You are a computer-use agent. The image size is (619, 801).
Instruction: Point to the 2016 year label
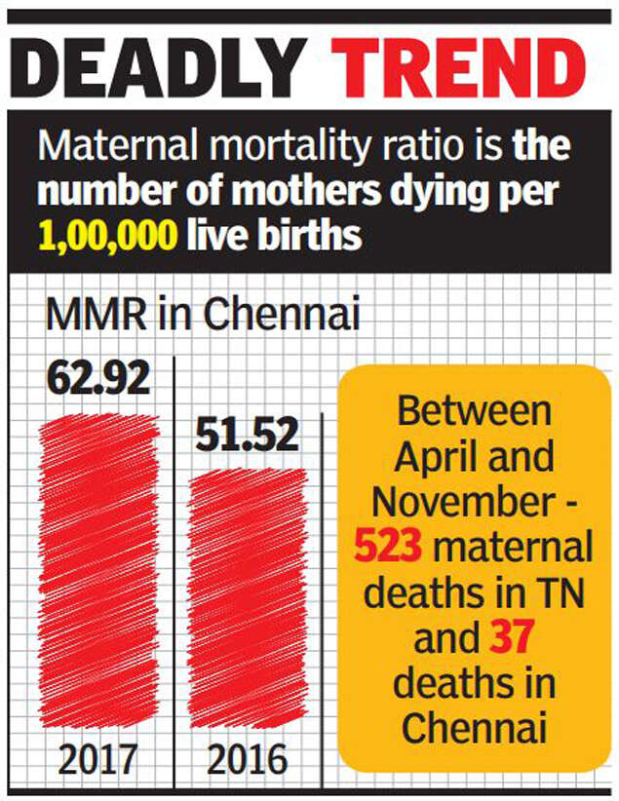[x=248, y=758]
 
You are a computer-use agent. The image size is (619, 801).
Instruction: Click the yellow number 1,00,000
[x=108, y=235]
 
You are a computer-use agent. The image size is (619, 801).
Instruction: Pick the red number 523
[x=387, y=548]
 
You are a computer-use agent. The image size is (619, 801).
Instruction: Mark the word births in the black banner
[x=319, y=235]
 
